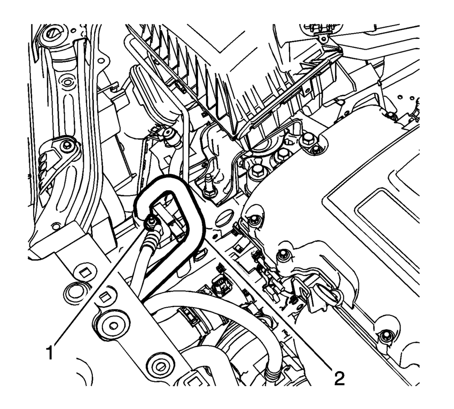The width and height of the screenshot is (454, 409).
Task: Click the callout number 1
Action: pyautogui.click(x=50, y=352)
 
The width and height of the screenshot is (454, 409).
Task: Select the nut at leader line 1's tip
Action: pyautogui.click(x=150, y=223)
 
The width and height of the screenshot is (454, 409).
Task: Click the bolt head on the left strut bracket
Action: pyautogui.click(x=67, y=146)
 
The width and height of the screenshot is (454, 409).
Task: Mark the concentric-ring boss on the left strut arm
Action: pyautogui.click(x=67, y=82)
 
